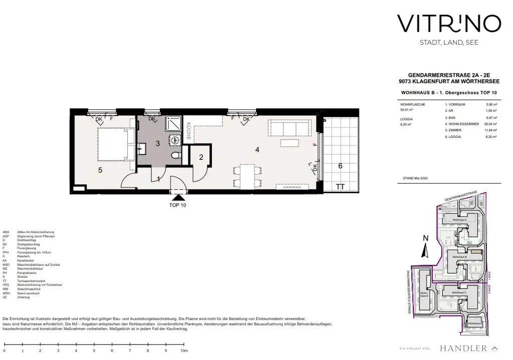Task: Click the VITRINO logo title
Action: [448, 24]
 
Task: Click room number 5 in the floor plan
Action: [100, 170]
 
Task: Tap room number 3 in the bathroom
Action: [157, 143]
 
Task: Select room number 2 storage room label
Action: [201, 157]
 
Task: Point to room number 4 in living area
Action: [257, 149]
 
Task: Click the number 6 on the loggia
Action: [340, 165]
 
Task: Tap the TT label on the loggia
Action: [340, 187]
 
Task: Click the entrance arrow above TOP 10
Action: [178, 198]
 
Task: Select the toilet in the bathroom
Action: [175, 156]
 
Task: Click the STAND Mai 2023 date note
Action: [415, 178]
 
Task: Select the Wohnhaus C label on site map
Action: [458, 292]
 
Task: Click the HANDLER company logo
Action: [463, 347]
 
